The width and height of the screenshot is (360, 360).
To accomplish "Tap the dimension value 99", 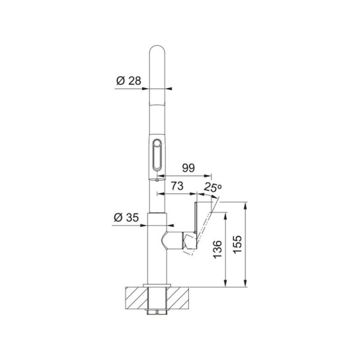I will pos(187,169).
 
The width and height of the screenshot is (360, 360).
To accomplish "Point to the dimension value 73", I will pos(176,187).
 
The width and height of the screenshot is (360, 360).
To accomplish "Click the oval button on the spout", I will pos(157,155).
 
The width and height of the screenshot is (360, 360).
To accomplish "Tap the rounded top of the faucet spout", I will pos(157,51).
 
